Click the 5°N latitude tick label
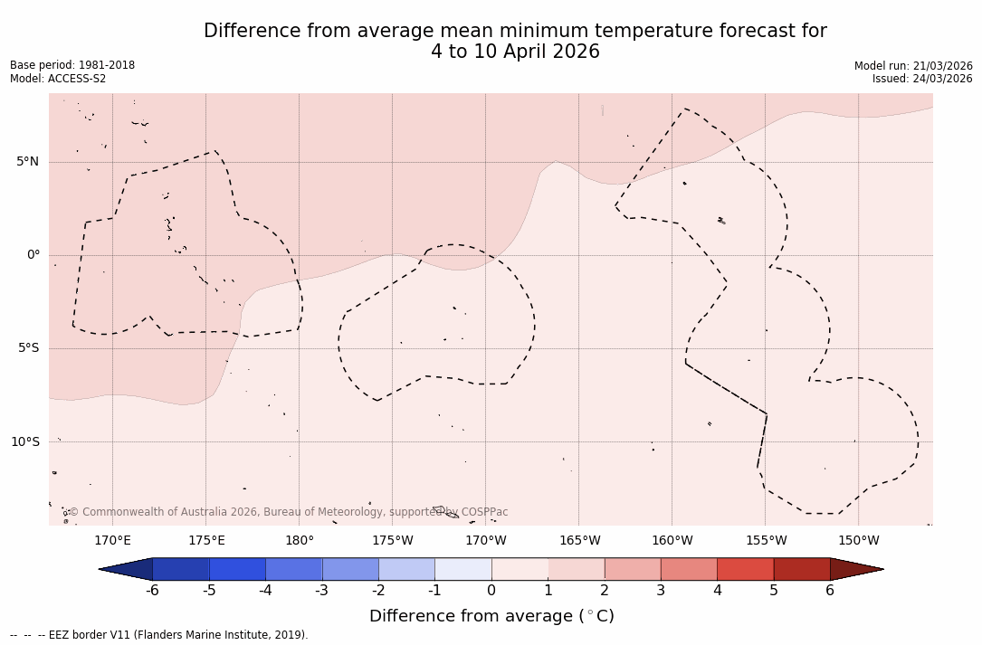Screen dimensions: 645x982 tap(28, 162)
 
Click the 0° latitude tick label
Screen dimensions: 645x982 tap(33, 255)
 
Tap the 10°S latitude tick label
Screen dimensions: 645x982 tap(25, 442)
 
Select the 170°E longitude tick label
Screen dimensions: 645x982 tap(113, 541)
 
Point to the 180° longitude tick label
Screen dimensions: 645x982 tap(300, 541)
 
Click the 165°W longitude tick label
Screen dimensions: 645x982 tap(579, 541)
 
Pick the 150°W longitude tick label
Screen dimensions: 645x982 tap(859, 541)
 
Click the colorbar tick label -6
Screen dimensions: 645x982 tap(152, 591)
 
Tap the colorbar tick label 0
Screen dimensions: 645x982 tap(491, 591)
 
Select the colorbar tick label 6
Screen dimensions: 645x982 tap(830, 591)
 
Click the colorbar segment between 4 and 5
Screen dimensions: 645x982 tap(745, 569)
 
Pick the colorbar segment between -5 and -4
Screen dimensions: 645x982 tap(237, 569)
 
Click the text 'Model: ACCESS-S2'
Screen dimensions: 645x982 tap(58, 79)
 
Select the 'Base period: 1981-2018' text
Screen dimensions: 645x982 tap(72, 65)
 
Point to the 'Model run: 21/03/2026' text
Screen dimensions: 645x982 tap(913, 66)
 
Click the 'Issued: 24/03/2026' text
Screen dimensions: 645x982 tap(922, 79)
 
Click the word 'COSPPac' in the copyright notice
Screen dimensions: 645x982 tap(484, 512)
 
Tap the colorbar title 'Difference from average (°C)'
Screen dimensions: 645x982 tap(491, 617)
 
